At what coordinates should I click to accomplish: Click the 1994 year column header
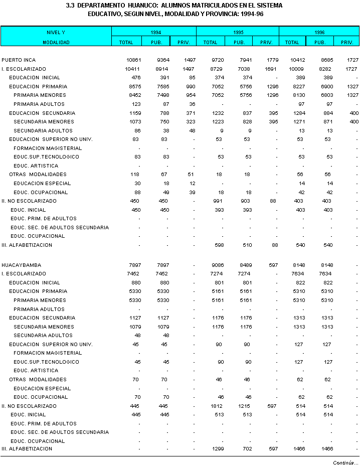pos(155,32)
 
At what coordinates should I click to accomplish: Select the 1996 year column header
pos(319,32)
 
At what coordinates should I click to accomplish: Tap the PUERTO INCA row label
pos(18,60)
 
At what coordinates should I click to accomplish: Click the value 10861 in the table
pos(133,60)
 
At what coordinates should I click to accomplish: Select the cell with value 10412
pos(297,60)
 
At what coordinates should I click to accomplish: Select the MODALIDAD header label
pos(56,42)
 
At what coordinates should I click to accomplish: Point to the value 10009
pos(297,69)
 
